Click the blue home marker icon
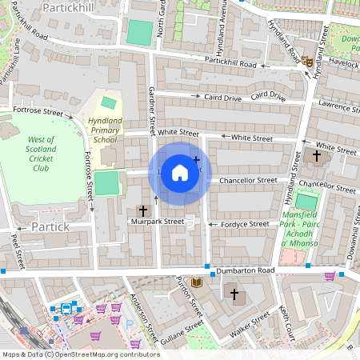[180, 173]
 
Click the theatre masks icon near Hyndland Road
[306, 60]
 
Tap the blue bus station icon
[66, 308]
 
